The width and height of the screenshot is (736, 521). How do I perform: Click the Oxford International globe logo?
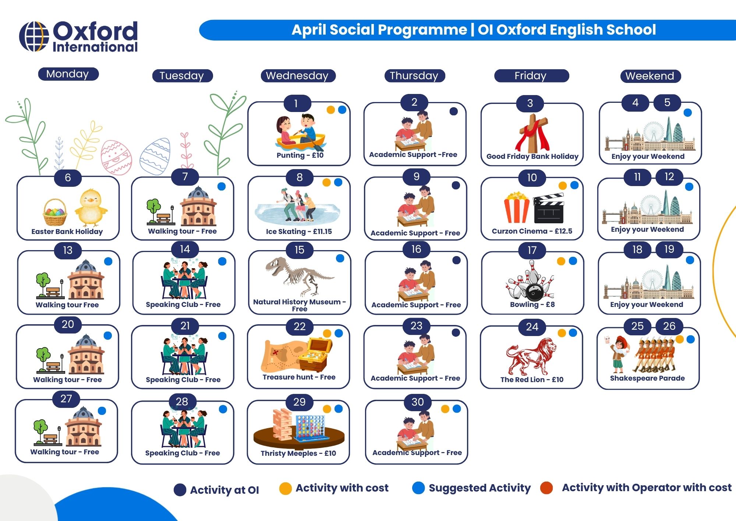(x=34, y=36)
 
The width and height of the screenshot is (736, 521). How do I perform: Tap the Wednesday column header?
(x=298, y=76)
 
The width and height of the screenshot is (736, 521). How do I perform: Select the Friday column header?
(x=531, y=76)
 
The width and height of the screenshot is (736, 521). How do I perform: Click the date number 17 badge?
(x=532, y=251)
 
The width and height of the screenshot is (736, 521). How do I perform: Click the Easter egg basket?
(x=55, y=212)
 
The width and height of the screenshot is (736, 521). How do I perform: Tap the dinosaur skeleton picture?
(x=299, y=276)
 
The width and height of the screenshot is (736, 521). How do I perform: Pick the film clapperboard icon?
(x=548, y=209)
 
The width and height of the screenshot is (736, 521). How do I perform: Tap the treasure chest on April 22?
(x=315, y=354)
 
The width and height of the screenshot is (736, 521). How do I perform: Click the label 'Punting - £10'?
(x=300, y=155)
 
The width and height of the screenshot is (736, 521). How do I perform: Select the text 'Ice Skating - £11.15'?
(x=299, y=231)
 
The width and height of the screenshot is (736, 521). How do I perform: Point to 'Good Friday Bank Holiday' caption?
(x=532, y=156)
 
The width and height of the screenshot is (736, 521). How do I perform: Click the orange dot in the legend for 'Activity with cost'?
(x=285, y=489)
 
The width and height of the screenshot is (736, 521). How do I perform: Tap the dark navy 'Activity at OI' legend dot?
(x=180, y=490)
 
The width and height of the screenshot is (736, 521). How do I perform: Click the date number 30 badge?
(x=417, y=402)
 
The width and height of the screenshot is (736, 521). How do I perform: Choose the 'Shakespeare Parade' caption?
(x=647, y=378)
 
